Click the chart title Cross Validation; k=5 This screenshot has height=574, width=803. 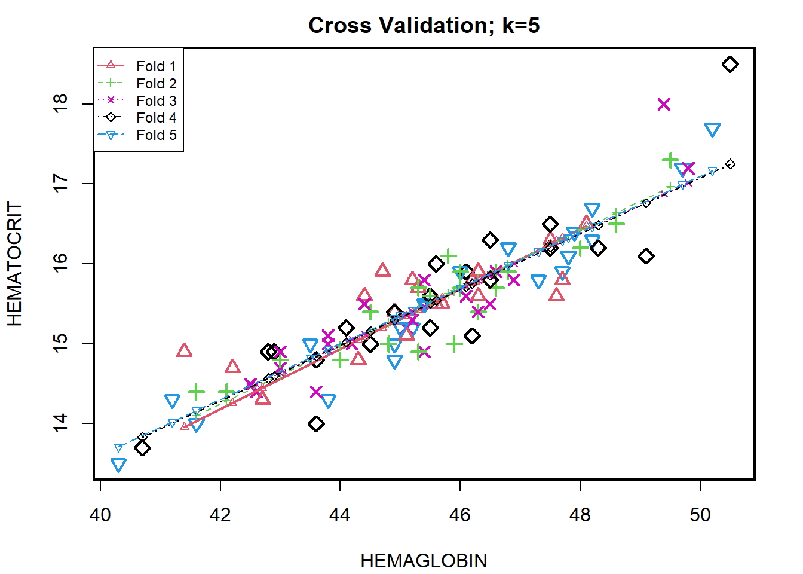pyautogui.click(x=424, y=25)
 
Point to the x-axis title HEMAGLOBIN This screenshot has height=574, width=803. pyautogui.click(x=424, y=561)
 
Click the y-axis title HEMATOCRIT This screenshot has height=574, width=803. pyautogui.click(x=14, y=263)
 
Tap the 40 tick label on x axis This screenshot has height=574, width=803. pyautogui.click(x=100, y=514)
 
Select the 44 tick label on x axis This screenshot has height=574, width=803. pyautogui.click(x=340, y=514)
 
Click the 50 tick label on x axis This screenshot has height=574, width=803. pyautogui.click(x=700, y=514)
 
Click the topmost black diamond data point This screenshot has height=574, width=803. pyautogui.click(x=730, y=65)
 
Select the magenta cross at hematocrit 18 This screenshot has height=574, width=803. pyautogui.click(x=664, y=105)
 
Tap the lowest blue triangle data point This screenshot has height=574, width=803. pyautogui.click(x=118, y=465)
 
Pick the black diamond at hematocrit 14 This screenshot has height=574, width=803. pyautogui.click(x=316, y=424)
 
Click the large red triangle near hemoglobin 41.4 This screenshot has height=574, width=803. pyautogui.click(x=185, y=350)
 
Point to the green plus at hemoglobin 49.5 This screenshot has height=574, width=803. pyautogui.click(x=670, y=160)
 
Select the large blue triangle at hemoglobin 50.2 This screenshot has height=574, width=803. pyautogui.click(x=712, y=130)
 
